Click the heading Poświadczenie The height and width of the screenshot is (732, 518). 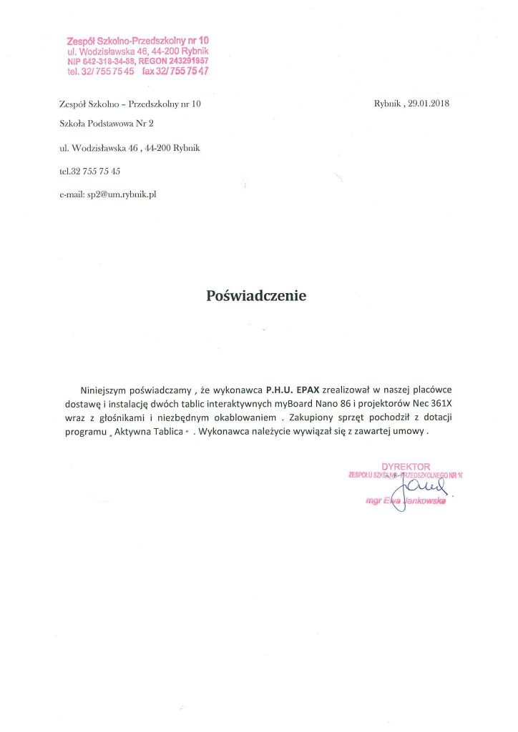click(256, 295)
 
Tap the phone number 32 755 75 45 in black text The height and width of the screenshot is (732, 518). click(95, 171)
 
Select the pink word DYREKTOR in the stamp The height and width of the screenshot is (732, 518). click(406, 466)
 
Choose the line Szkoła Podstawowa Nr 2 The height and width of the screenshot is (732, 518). click(107, 124)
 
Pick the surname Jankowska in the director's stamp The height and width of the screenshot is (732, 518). click(424, 502)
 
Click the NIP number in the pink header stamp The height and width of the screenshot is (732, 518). click(97, 61)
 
